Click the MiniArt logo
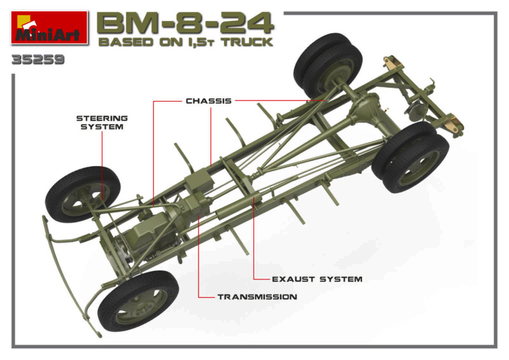(50, 27)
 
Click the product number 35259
(38, 60)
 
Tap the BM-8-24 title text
(185, 24)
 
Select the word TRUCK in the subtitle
(248, 42)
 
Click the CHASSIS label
(209, 101)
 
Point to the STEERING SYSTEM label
(102, 122)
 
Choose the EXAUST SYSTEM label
(317, 279)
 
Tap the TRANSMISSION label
(257, 296)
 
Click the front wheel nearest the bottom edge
(138, 301)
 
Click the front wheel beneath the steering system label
(83, 194)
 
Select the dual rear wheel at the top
(327, 65)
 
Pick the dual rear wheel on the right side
(410, 157)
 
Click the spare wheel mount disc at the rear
(414, 112)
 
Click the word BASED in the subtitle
(125, 42)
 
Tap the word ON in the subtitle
(171, 42)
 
